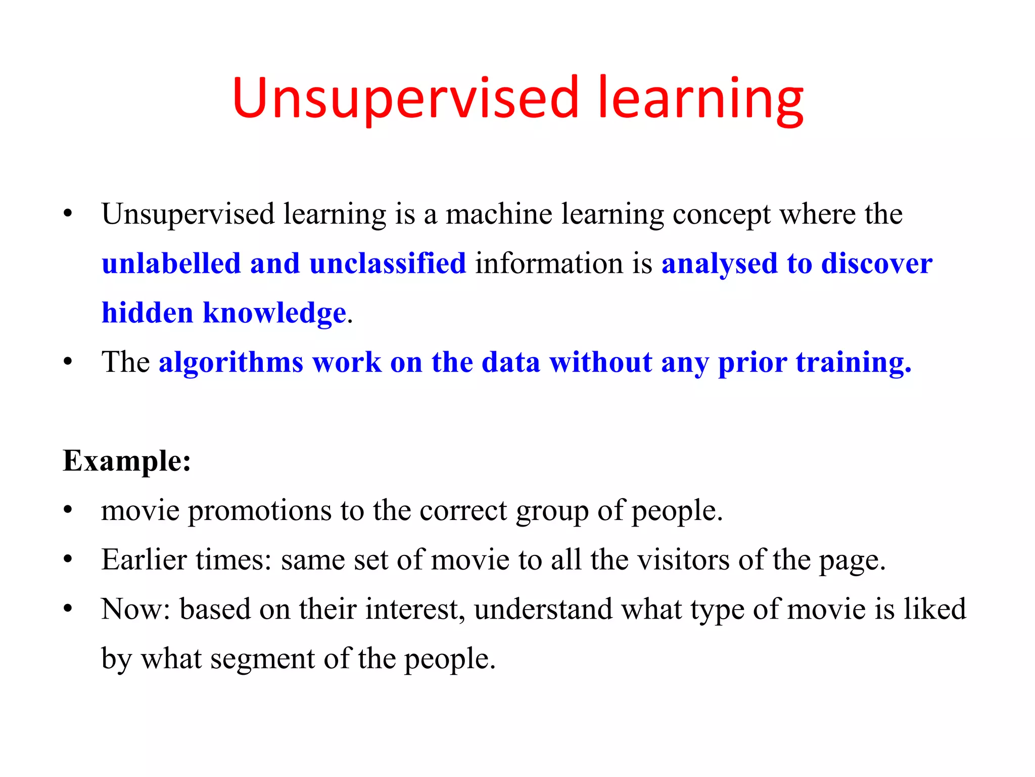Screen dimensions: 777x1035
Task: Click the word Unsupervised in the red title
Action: point(405,98)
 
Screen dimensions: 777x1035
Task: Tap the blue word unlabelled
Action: point(171,264)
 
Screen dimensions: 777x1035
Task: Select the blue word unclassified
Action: point(388,264)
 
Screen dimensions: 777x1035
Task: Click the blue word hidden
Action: point(148,313)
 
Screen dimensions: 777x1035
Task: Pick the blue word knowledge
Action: point(274,313)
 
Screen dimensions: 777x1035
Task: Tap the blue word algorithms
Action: point(231,362)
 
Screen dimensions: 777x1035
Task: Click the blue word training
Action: point(853,362)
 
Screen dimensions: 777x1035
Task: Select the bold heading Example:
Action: point(127,461)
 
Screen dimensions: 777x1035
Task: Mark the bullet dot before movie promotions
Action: point(68,510)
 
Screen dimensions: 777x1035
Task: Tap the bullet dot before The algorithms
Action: point(68,362)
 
